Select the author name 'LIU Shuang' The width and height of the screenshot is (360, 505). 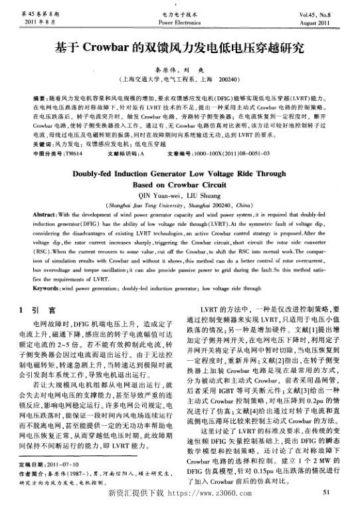[200, 195]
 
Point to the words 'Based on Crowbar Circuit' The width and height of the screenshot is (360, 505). [179, 184]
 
